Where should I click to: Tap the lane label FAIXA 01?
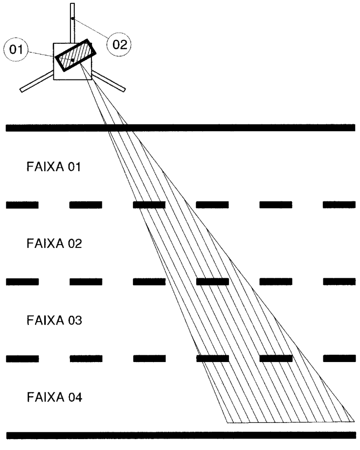(x=53, y=167)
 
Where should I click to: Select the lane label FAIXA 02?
(x=54, y=244)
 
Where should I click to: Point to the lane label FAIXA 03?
(x=54, y=320)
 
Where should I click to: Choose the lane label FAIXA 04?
(x=54, y=397)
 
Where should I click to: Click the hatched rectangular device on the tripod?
(x=76, y=55)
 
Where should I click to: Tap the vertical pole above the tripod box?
(x=73, y=23)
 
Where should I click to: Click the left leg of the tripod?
(x=37, y=82)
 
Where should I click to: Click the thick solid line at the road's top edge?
(x=180, y=127)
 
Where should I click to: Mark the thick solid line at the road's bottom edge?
(x=181, y=435)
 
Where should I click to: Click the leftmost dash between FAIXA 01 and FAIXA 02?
(x=22, y=205)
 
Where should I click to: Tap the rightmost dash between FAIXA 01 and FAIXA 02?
(x=339, y=205)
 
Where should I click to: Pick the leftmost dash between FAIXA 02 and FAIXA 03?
(x=22, y=282)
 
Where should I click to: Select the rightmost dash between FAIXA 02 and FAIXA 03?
(x=340, y=281)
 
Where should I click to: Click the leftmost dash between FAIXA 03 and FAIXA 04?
(x=22, y=359)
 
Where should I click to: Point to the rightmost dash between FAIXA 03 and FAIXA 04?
(x=340, y=358)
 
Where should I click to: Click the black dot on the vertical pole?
(x=73, y=19)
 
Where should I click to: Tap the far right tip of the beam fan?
(x=354, y=421)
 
